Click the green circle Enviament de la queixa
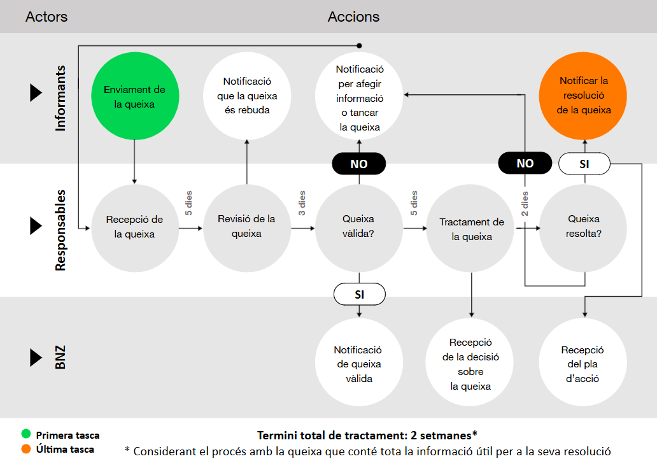[134, 96]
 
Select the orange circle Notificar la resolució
[584, 95]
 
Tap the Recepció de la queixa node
[134, 227]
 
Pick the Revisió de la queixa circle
[246, 227]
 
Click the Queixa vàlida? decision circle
[359, 227]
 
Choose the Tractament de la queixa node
[471, 229]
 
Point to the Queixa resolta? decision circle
[584, 227]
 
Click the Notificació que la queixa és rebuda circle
[246, 96]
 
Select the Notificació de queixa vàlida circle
[359, 364]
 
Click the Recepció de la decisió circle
[471, 364]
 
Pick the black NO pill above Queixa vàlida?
[359, 164]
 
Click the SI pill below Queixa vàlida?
[359, 294]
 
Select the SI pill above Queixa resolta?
[584, 164]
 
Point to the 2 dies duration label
[525, 204]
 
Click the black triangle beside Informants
[36, 93]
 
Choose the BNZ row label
[60, 358]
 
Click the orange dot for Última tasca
[25, 449]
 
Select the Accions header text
[353, 17]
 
